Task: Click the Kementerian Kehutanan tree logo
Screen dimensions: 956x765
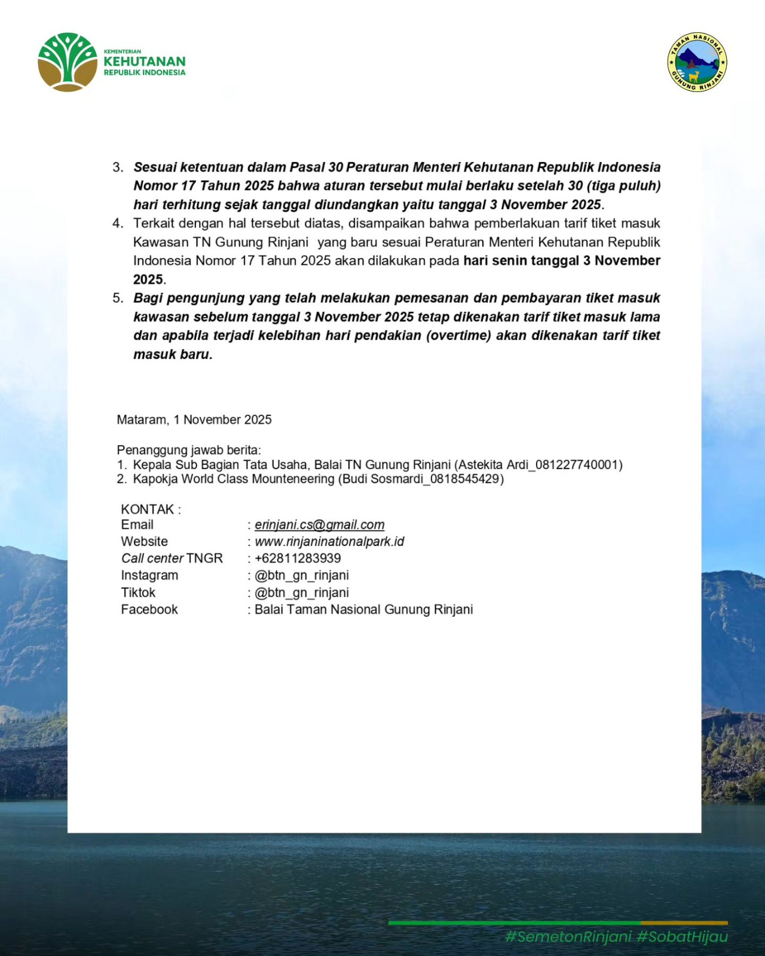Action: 68,62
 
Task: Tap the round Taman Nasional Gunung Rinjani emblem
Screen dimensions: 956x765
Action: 697,62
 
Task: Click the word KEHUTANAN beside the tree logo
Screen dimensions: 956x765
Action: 145,62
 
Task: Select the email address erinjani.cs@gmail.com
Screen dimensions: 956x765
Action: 319,525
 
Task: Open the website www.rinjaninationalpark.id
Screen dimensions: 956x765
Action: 329,541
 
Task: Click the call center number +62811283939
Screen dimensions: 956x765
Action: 298,558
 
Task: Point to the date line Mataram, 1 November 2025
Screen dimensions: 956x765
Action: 194,419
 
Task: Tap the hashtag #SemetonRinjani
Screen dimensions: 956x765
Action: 568,936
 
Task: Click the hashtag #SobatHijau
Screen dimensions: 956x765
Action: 682,936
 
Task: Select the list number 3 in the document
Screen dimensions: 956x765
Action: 118,167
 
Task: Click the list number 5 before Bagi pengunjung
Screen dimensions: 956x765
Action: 118,298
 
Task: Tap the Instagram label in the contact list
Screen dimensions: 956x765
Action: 149,575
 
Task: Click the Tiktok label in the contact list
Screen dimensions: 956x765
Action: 138,593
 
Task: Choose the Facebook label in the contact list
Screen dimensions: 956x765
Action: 149,609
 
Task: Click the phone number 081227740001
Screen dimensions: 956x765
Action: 579,465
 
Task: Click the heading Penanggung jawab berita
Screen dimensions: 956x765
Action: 189,450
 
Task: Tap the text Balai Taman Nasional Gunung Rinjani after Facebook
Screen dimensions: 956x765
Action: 363,609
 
